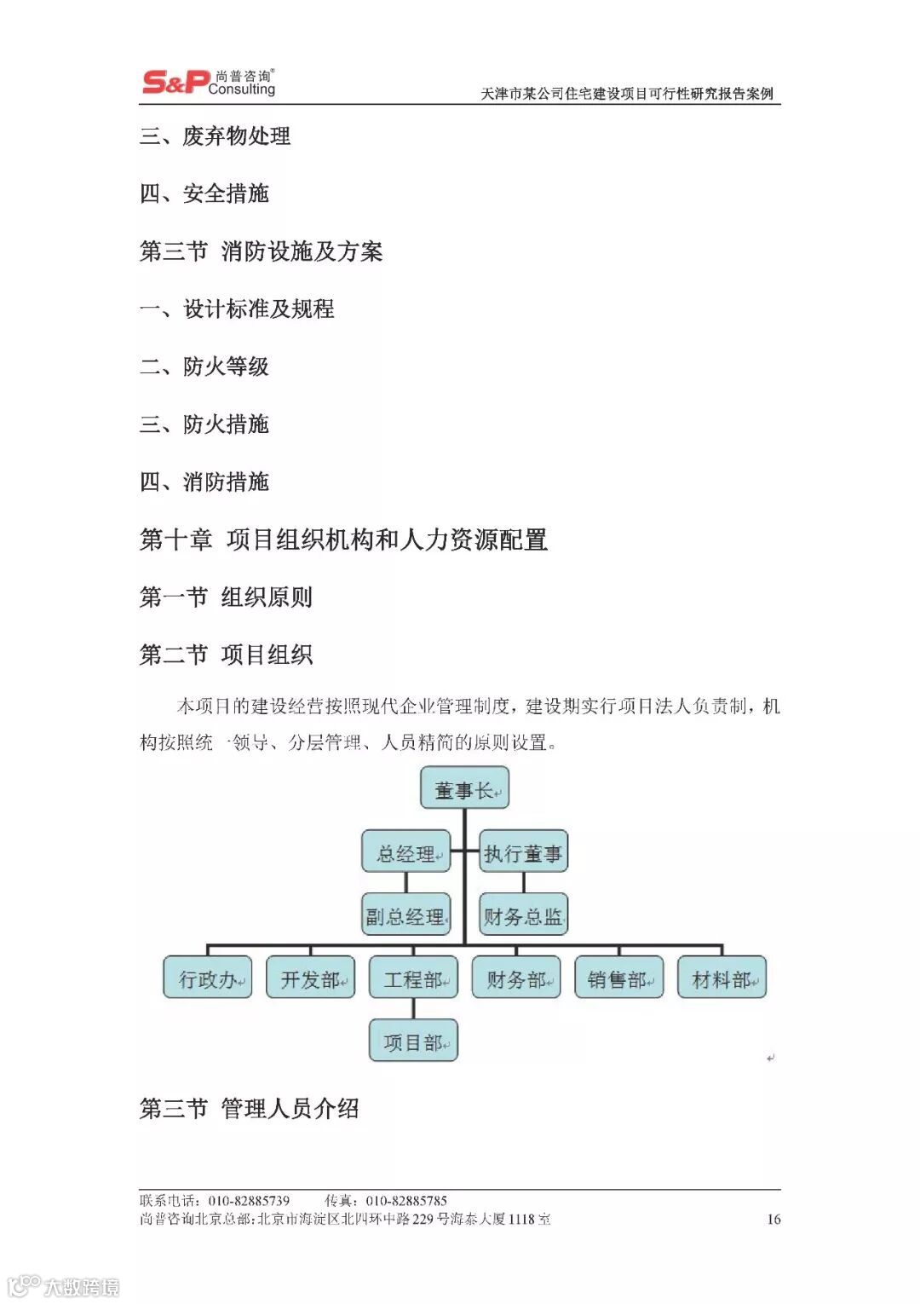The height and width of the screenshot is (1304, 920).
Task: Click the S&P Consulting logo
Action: pos(209,83)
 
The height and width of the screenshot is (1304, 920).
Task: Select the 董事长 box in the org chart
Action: pos(464,788)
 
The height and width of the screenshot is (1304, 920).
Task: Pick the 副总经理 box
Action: pos(405,915)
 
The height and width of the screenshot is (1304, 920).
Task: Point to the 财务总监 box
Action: pos(523,915)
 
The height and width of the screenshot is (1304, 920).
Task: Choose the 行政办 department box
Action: pos(208,978)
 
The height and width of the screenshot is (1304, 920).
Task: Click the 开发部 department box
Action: pos(311,978)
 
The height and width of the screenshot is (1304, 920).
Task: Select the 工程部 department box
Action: pos(413,978)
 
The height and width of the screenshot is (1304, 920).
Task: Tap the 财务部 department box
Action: pos(516,978)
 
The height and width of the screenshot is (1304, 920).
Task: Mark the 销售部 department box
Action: pos(619,978)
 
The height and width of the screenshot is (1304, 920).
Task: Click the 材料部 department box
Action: pos(722,978)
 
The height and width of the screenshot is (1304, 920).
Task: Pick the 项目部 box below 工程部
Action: pos(413,1041)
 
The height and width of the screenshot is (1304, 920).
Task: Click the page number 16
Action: pos(773,1219)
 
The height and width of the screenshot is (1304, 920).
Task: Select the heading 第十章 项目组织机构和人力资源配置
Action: pos(343,539)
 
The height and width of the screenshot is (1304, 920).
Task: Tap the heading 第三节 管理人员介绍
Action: pos(249,1108)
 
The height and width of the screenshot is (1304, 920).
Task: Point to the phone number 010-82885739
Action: pos(249,1200)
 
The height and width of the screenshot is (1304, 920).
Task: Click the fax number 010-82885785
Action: pos(406,1200)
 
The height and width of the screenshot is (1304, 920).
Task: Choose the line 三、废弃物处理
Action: pos(215,136)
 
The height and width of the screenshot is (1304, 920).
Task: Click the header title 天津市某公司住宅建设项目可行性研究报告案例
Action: pos(627,94)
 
